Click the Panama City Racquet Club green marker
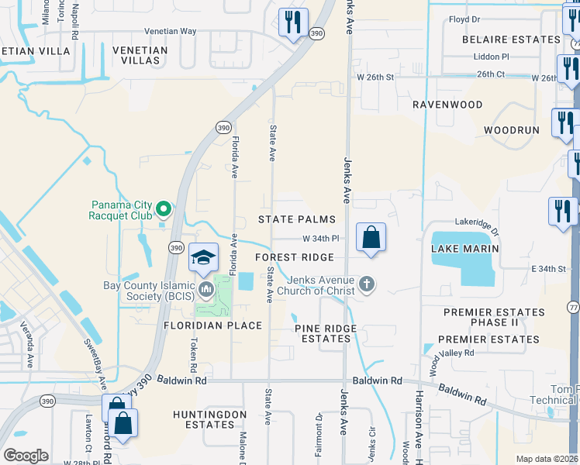[x=164, y=209]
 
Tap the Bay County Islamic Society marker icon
[x=206, y=291]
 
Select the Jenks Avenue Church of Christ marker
[x=367, y=285]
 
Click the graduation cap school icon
[x=203, y=258]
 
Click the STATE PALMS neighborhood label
[x=297, y=220]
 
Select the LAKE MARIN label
[x=464, y=248]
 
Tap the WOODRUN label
[x=511, y=130]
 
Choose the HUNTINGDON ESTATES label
[x=209, y=420]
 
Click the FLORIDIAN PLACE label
[x=212, y=325]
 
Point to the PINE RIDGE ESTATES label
[x=326, y=333]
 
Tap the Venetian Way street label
[x=170, y=32]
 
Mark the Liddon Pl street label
[x=493, y=57]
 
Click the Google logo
[x=26, y=456]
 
